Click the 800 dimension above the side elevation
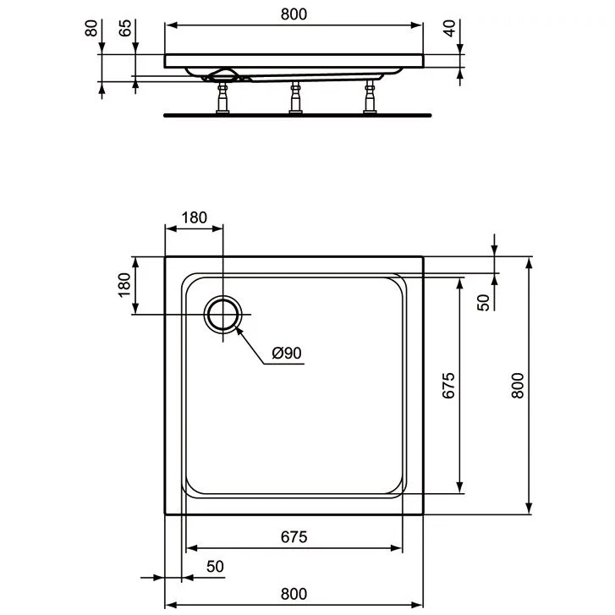click(293, 14)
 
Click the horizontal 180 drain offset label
click(194, 217)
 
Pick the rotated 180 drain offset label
click(124, 285)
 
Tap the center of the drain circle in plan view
click(223, 315)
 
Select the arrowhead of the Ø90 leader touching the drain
click(239, 328)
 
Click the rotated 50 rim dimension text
click(483, 302)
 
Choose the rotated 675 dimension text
click(449, 386)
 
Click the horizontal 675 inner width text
click(293, 536)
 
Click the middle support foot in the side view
click(296, 97)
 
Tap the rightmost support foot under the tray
click(369, 97)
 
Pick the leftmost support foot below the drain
click(222, 97)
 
